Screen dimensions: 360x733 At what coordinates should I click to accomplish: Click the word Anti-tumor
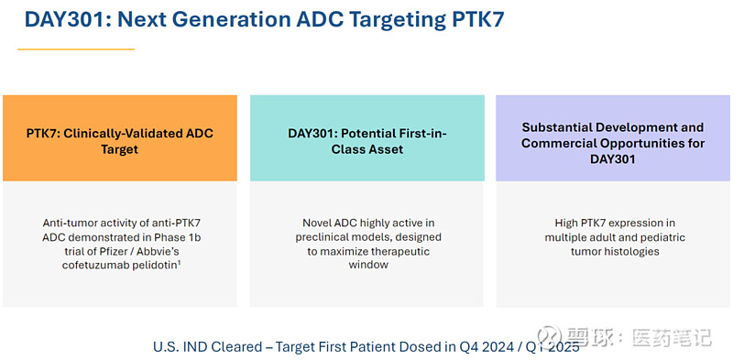[72, 223]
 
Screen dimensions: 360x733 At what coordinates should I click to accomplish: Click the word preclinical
[318, 237]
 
